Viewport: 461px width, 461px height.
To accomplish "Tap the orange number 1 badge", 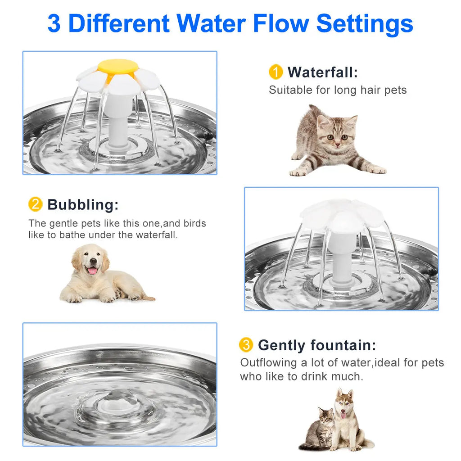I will point(276,72).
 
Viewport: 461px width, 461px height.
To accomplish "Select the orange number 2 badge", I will point(35,204).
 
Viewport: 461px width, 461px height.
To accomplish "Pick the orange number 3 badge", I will point(246,345).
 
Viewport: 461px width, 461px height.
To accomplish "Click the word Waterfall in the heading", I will point(322,72).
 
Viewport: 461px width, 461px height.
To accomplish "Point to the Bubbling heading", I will point(83,204).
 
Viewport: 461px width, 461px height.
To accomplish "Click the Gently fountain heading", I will point(316,345).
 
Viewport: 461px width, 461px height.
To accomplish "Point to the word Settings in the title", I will point(365,23).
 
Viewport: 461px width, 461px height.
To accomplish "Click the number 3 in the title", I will point(54,23).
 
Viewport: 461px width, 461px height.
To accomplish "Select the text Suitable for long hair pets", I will point(338,90).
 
